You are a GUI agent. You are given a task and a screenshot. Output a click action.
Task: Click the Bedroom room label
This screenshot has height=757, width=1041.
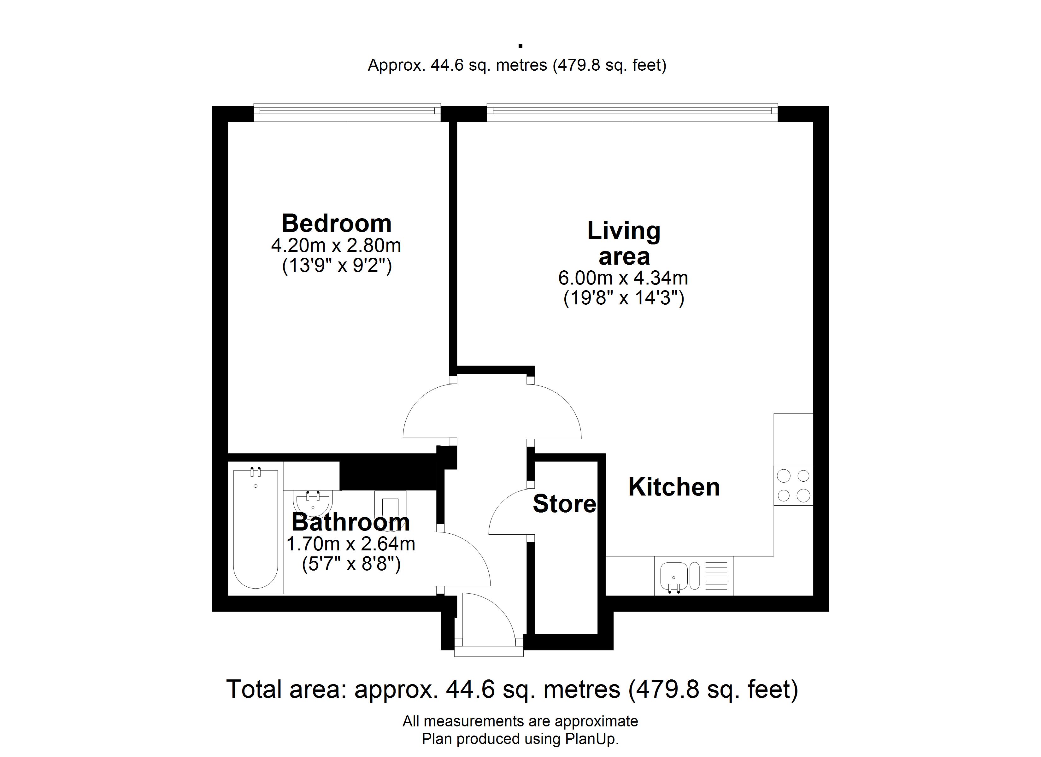click(337, 224)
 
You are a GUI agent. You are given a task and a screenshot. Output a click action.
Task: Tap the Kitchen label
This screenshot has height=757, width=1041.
click(674, 487)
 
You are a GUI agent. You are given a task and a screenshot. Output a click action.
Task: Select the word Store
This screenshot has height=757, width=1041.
click(565, 504)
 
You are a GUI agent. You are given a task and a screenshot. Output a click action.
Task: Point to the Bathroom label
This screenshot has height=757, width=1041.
click(351, 522)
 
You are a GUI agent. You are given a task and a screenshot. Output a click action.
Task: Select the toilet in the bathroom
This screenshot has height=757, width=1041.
click(390, 506)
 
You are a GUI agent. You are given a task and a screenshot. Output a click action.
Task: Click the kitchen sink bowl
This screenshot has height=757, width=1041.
click(674, 577)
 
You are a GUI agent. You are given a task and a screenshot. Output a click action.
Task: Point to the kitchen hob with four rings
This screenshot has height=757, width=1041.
click(793, 486)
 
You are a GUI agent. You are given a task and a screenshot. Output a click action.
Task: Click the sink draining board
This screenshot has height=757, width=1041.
click(716, 577)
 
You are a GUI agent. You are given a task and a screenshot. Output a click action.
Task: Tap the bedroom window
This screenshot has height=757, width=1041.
click(347, 113)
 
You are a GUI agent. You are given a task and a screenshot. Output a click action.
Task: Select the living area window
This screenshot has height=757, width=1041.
click(632, 113)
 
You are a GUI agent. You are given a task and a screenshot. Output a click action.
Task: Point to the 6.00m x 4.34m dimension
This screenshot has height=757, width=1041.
click(623, 278)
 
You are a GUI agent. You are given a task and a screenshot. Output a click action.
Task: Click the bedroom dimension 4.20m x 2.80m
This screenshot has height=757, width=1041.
click(336, 246)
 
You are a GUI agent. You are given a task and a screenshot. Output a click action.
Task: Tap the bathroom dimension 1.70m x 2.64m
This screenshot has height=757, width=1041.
click(351, 544)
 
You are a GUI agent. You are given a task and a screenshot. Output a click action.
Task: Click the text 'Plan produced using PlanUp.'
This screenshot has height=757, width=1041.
click(520, 739)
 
